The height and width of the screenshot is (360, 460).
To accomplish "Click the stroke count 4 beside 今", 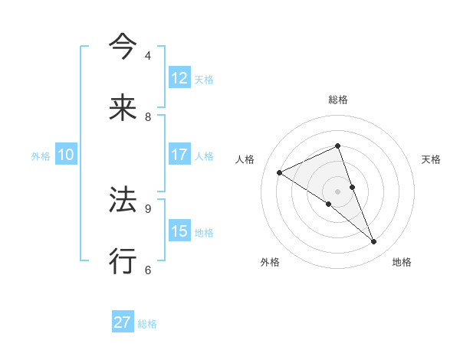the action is [x=148, y=56].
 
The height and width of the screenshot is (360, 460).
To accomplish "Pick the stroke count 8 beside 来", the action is [x=148, y=117].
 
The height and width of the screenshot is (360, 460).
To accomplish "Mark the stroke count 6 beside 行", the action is [x=148, y=270].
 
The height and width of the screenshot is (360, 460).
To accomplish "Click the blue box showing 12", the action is [x=179, y=78].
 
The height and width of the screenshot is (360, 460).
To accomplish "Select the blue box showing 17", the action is [x=179, y=155].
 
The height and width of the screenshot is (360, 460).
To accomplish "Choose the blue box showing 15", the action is [x=179, y=231].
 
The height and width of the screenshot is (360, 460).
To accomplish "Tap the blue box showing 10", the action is [x=66, y=155].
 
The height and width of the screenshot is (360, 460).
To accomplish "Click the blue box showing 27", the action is [x=123, y=322].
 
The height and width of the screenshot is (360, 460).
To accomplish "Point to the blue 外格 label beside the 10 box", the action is [x=41, y=156].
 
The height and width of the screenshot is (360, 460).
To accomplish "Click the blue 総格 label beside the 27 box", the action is [x=147, y=324].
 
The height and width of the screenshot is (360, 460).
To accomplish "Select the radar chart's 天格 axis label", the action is [x=431, y=159].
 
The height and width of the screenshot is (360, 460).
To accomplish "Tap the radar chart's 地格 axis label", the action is [x=402, y=262].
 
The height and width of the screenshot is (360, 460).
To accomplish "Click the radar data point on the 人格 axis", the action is [x=280, y=172].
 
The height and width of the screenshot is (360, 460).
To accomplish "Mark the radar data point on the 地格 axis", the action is [x=374, y=242].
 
